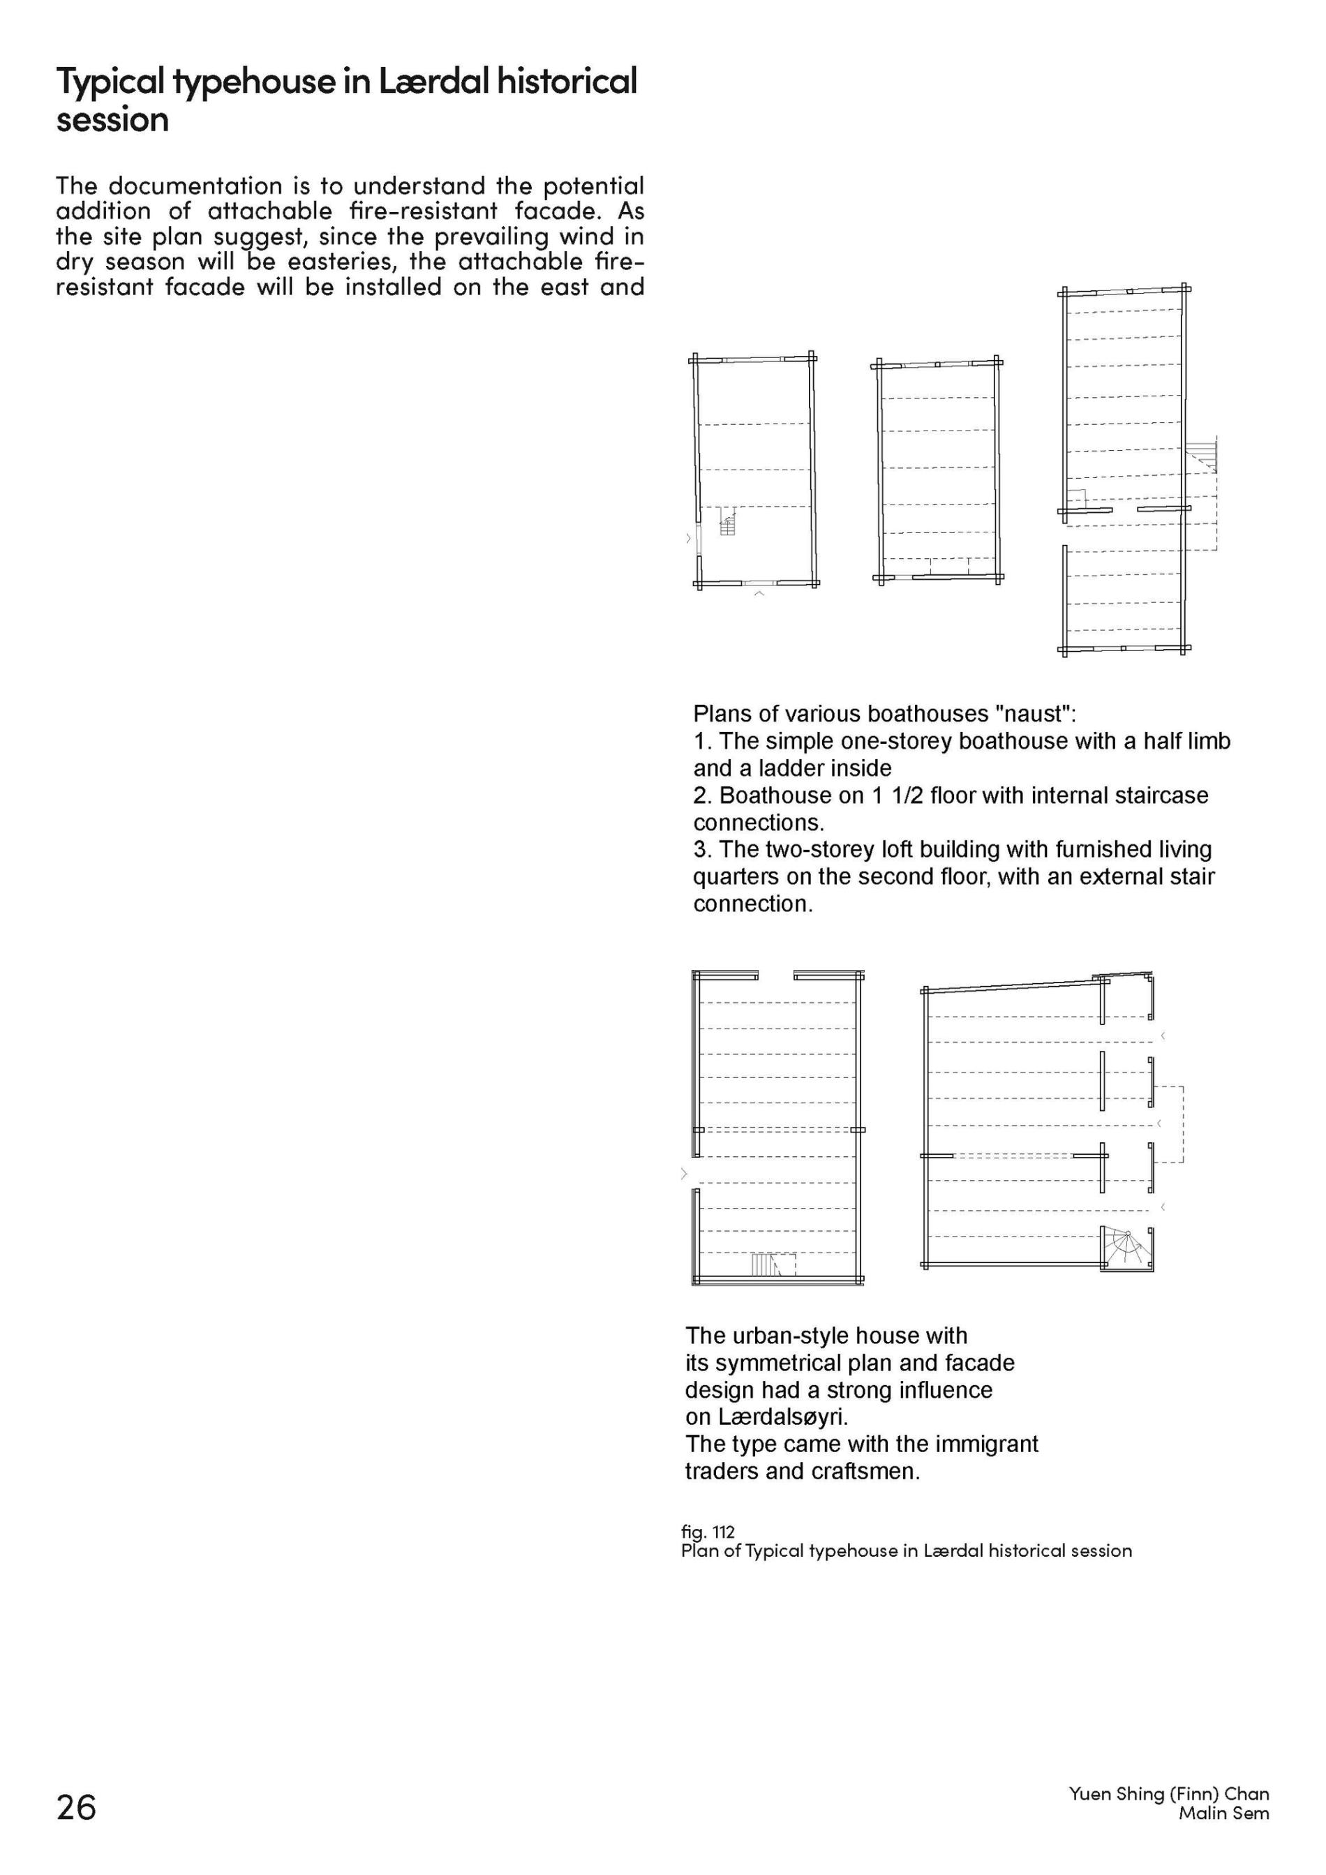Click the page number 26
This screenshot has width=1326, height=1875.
pos(76,1807)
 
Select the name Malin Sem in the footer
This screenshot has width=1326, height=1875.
pos(1223,1813)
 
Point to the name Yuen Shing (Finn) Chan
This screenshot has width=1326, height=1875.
pos(1168,1793)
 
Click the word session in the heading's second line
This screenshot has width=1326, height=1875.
pos(112,120)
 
